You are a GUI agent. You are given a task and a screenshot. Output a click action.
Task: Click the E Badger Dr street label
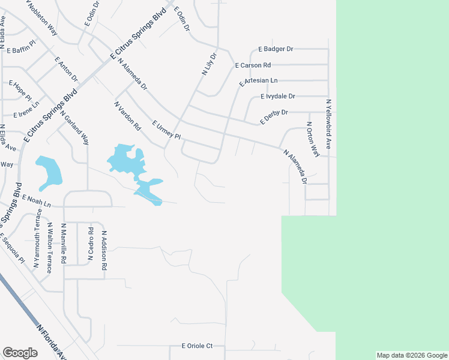(x=276, y=49)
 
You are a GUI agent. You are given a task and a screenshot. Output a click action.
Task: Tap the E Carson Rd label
(x=253, y=65)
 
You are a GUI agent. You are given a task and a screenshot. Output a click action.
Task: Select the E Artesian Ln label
(x=258, y=81)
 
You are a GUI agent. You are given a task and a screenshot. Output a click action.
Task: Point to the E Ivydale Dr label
(x=278, y=96)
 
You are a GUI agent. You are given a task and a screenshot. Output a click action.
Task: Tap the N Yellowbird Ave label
(x=328, y=124)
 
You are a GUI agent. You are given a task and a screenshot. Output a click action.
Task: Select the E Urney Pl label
(x=166, y=130)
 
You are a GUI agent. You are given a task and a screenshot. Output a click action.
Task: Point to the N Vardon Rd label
(x=127, y=116)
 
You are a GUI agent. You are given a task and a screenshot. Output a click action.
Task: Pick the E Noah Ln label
(x=37, y=200)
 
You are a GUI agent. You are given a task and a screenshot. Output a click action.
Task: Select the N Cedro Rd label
(x=91, y=244)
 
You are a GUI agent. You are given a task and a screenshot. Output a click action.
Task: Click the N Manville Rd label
(x=63, y=244)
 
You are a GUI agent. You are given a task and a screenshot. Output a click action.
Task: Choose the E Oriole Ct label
(x=197, y=346)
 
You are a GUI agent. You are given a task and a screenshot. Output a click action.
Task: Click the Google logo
(x=20, y=353)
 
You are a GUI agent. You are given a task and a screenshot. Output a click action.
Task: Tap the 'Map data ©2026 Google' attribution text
(x=412, y=355)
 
